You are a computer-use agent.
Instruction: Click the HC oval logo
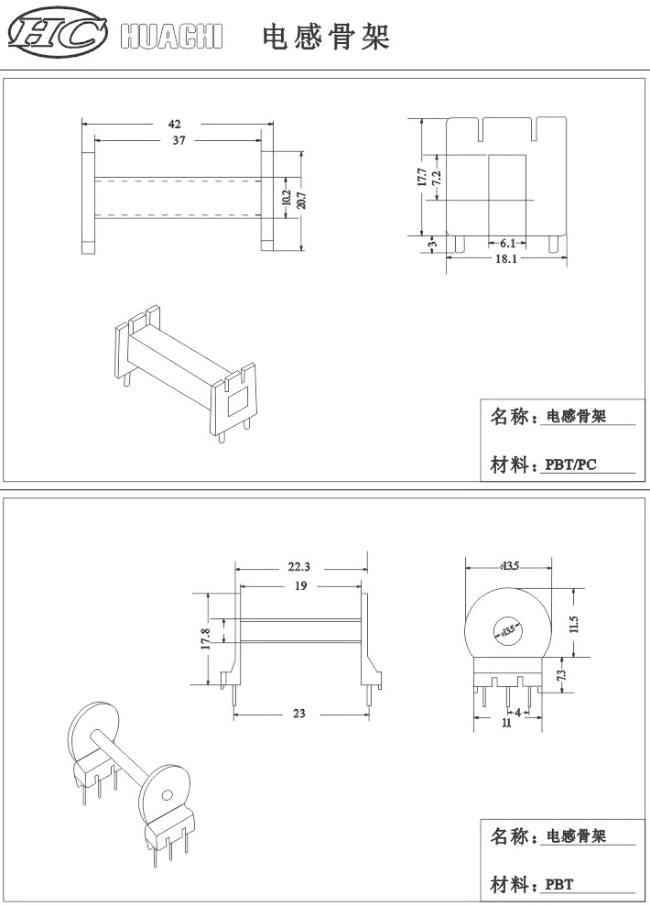(57, 33)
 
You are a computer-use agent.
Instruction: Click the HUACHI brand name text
(171, 36)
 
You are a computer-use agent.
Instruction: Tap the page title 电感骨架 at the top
(326, 37)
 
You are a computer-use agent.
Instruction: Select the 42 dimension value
(174, 124)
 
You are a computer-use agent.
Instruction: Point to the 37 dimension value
(179, 140)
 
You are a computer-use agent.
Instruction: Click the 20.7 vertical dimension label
(301, 200)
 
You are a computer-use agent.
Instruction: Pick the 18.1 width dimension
(505, 258)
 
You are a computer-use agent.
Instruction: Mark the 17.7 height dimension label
(421, 177)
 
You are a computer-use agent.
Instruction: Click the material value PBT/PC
(571, 464)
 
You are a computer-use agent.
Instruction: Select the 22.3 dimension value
(299, 567)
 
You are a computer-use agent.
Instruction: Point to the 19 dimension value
(300, 586)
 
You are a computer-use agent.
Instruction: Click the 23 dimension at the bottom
(299, 714)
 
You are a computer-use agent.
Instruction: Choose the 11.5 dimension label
(573, 624)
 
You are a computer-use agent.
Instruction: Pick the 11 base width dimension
(506, 723)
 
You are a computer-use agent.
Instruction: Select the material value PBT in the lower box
(559, 885)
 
